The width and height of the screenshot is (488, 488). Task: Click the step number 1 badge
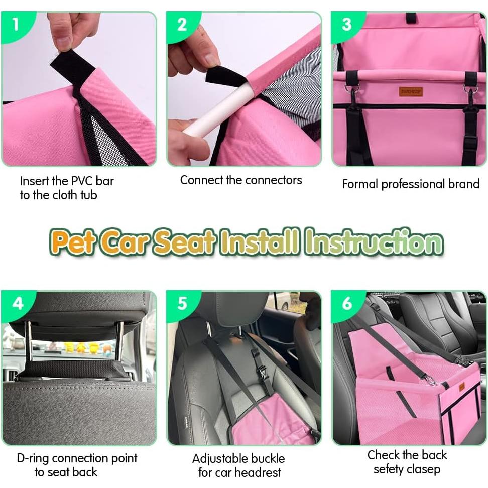tap(16, 23)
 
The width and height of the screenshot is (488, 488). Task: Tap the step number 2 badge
tap(182, 24)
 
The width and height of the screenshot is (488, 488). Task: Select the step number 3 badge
tap(346, 24)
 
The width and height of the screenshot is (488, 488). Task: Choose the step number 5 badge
tap(182, 303)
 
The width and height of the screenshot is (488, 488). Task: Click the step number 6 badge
tap(347, 303)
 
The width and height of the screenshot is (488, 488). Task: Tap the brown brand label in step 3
tap(411, 91)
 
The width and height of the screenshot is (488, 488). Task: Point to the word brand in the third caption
tap(461, 184)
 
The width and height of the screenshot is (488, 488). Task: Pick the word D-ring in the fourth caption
tap(33, 458)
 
